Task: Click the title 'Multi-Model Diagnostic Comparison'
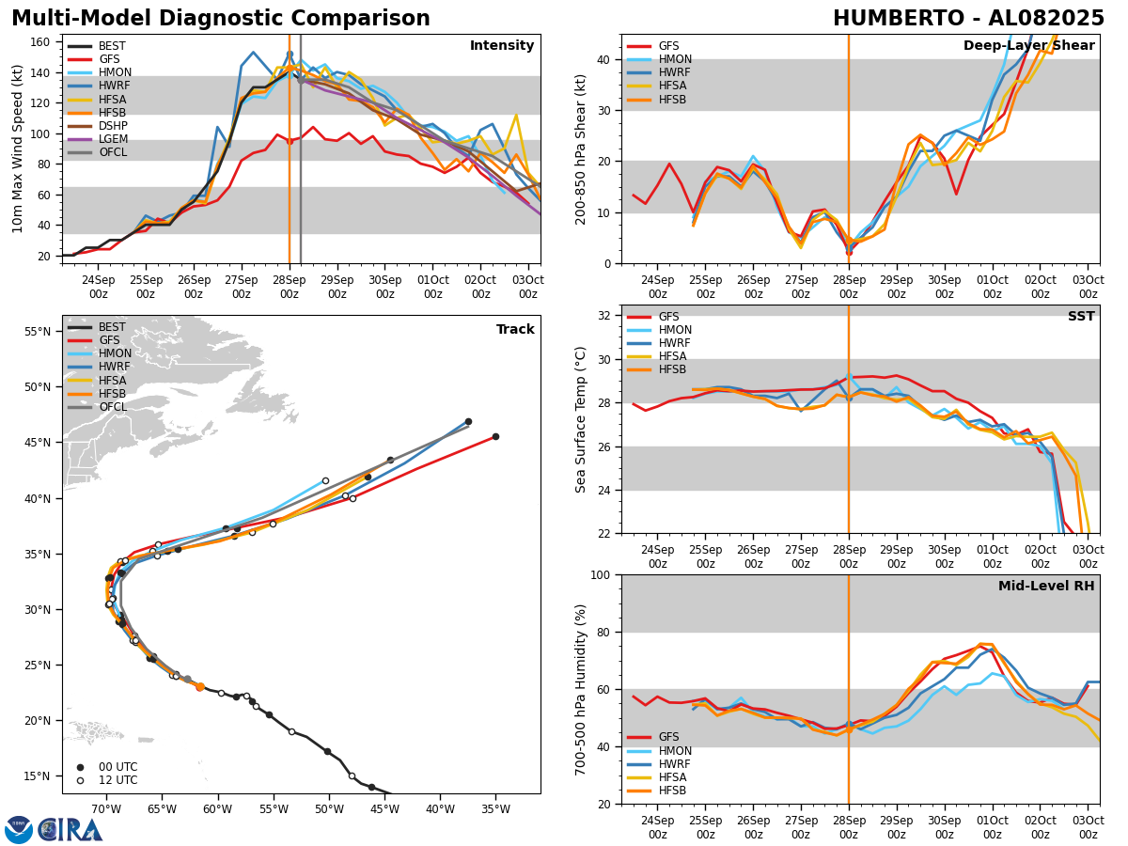pos(221,19)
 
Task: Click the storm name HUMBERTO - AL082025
pos(968,19)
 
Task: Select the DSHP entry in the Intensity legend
pos(113,126)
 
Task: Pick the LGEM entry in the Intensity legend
pos(113,139)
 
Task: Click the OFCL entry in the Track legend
pos(113,407)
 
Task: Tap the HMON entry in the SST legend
pos(675,331)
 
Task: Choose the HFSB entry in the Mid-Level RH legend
pos(671,791)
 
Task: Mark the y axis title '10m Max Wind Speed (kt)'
pos(18,149)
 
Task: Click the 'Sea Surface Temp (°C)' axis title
pos(582,419)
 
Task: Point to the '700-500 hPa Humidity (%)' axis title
pos(582,689)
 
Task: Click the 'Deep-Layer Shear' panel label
pos(1028,46)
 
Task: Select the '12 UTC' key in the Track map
pos(117,780)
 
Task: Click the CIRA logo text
pos(70,829)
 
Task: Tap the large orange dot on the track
pos(199,687)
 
